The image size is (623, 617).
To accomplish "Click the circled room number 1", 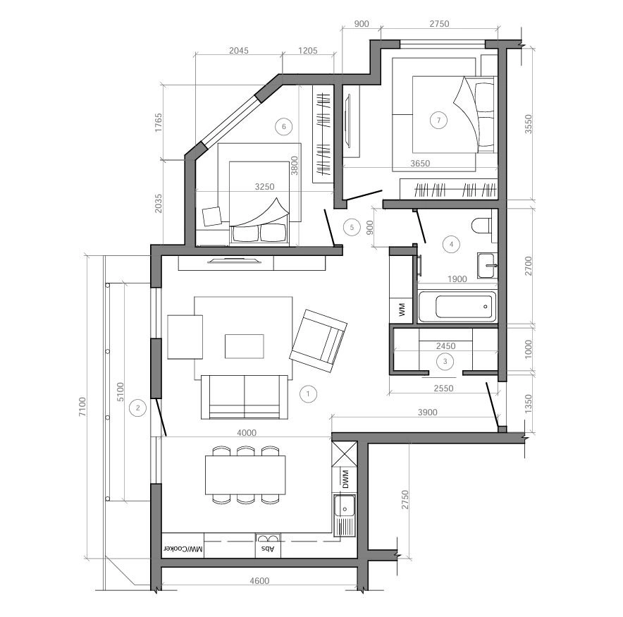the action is tap(308, 394).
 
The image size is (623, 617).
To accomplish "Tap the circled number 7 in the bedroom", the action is tap(438, 120).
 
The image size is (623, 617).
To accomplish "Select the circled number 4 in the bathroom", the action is tap(451, 244).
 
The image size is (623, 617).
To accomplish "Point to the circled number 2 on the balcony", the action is tap(138, 408).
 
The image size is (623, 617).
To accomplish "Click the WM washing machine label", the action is tap(402, 310).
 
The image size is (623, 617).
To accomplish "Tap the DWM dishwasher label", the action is tap(345, 479).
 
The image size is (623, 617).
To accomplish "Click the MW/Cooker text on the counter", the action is tap(183, 549).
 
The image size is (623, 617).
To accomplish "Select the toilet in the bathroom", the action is tap(482, 226).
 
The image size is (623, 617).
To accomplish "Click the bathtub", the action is tap(457, 307).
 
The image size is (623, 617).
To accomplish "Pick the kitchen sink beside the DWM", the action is tap(345, 515).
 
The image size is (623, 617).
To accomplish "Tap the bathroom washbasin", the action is tap(487, 265).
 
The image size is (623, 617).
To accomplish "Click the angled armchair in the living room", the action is tap(319, 341).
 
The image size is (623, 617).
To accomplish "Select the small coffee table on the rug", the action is tap(245, 346).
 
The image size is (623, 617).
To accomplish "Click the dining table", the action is tap(245, 475).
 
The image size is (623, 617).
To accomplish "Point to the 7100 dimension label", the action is tap(82, 407).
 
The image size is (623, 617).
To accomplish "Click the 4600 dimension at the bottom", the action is tap(259, 581).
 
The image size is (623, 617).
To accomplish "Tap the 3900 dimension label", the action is tap(428, 413).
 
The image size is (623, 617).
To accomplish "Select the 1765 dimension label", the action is tap(159, 123).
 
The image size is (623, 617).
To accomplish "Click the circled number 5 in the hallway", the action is tap(352, 227).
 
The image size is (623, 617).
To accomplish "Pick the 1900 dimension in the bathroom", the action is tap(457, 279).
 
